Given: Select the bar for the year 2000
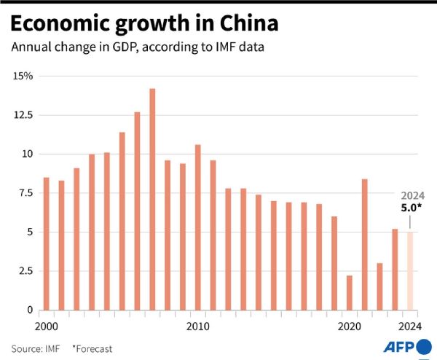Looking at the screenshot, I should [47, 243].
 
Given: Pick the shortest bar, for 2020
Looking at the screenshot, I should [350, 292].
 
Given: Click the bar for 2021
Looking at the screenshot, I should [365, 244].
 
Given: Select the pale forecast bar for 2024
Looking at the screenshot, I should [410, 270].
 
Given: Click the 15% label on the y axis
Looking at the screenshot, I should [23, 76].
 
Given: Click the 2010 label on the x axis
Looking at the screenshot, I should [197, 325].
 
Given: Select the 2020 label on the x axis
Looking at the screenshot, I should [350, 325].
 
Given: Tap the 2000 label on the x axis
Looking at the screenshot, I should [47, 325].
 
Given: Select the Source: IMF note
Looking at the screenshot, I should [36, 348].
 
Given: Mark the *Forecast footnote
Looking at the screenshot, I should [92, 348].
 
